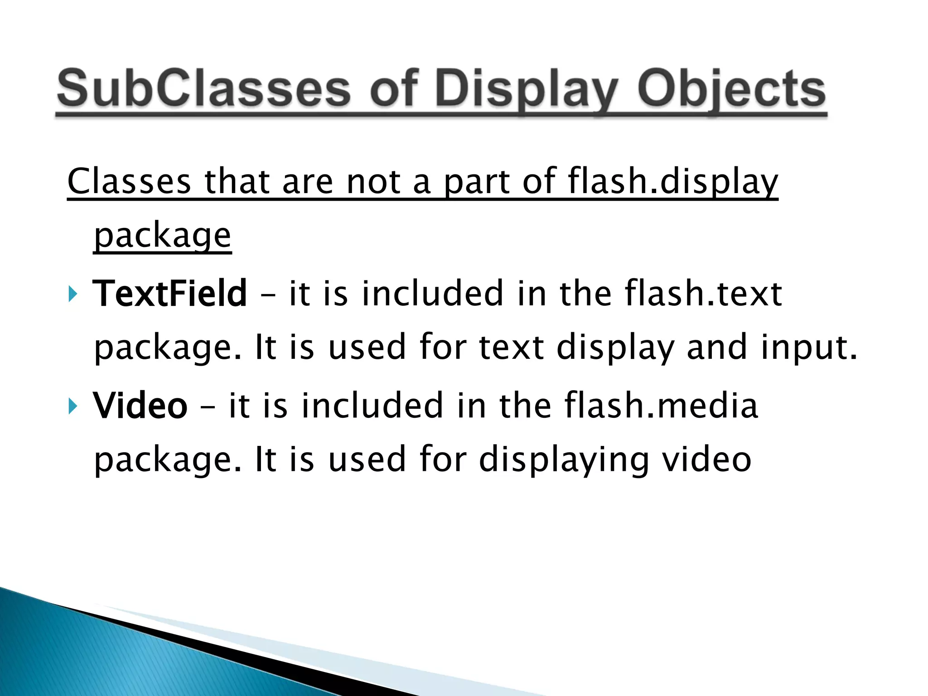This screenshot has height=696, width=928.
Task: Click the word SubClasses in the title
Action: (x=204, y=88)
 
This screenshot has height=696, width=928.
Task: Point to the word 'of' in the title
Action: (x=393, y=88)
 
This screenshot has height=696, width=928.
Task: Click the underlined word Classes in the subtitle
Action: (x=129, y=181)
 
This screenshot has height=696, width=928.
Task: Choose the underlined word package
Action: (x=162, y=236)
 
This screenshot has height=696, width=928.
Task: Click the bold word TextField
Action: (x=170, y=293)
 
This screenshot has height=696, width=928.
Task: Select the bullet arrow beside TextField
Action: (x=72, y=294)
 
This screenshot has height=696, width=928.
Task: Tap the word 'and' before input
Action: (x=717, y=347)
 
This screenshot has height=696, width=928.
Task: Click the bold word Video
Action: (x=140, y=405)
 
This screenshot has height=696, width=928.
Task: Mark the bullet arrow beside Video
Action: (x=72, y=406)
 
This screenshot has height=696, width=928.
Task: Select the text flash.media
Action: (x=661, y=405)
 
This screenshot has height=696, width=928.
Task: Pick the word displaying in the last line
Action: (x=564, y=460)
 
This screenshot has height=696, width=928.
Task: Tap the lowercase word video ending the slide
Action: (x=707, y=459)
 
